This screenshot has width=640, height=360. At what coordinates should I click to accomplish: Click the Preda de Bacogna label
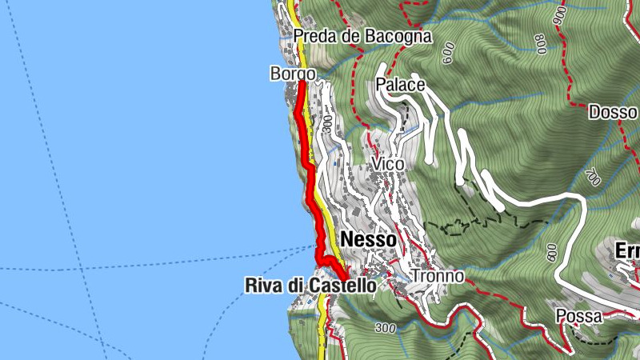coord(362,36)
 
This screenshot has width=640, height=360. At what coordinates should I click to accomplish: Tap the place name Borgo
coord(293,74)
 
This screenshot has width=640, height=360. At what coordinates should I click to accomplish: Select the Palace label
coord(399,85)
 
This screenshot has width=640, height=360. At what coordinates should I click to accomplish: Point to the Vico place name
coord(388,163)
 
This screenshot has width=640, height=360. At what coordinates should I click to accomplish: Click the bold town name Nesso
coord(367,239)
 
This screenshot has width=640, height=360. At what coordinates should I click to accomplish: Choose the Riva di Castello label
coord(310,285)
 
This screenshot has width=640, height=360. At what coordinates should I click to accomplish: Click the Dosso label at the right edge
coord(614,112)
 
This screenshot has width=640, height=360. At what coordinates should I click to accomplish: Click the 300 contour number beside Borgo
coord(327,123)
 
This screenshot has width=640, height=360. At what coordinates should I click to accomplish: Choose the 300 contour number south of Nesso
coord(385,328)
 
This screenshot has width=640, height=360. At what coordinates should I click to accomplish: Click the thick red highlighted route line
coord(308,160)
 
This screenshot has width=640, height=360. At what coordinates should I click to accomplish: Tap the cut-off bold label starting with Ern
coord(627,251)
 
